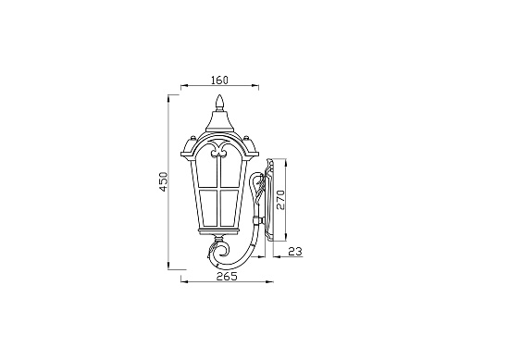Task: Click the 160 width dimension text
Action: tap(219, 79)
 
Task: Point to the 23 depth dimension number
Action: tap(295, 250)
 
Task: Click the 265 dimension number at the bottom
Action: tap(227, 276)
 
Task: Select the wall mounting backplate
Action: tap(270, 198)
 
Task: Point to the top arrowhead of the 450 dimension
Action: tap(169, 95)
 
